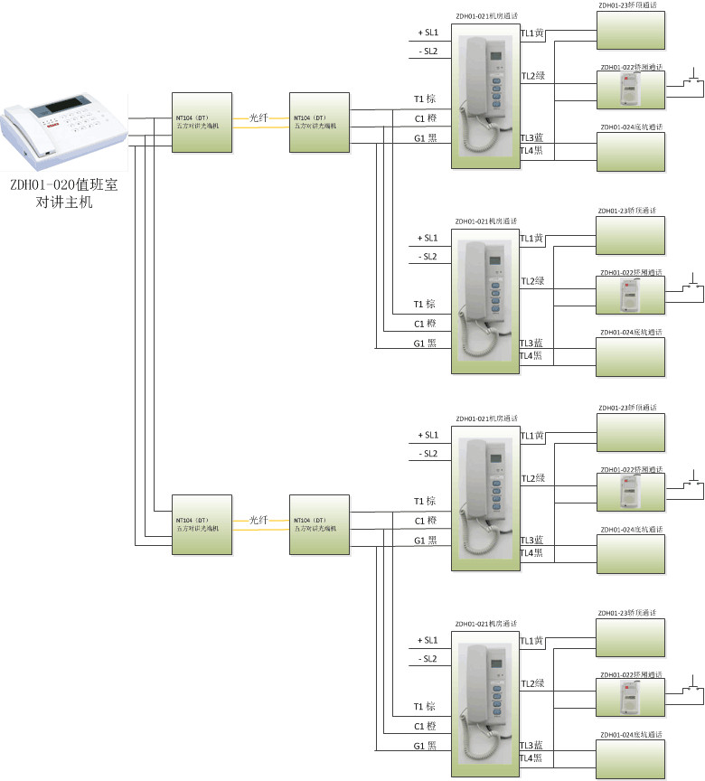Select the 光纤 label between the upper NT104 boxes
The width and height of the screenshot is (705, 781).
click(258, 118)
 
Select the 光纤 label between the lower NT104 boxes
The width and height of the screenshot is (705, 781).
click(258, 521)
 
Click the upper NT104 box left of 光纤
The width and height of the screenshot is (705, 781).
click(202, 122)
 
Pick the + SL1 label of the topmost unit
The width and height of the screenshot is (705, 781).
click(428, 33)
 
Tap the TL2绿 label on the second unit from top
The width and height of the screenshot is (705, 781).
click(532, 281)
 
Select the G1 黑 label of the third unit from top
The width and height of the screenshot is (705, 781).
click(425, 541)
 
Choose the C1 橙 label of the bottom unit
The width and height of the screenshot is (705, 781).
click(425, 727)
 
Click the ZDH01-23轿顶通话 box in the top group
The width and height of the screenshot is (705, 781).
click(630, 31)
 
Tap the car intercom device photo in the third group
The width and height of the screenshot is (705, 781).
click(630, 493)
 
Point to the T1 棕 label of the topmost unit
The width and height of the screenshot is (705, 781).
click(425, 99)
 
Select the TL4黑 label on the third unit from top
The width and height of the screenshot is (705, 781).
click(531, 552)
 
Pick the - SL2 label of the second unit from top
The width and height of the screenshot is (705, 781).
click(428, 257)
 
